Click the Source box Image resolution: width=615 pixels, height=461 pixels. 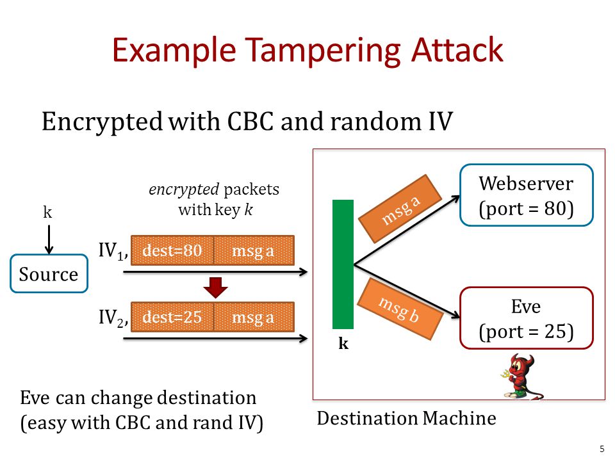pyautogui.click(x=49, y=273)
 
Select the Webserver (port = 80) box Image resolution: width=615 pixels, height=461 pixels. pyautogui.click(x=526, y=195)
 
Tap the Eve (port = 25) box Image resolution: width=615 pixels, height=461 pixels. pyautogui.click(x=526, y=318)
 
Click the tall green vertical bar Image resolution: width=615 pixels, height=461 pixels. pyautogui.click(x=343, y=264)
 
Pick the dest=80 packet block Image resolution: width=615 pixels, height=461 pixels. pyautogui.click(x=172, y=250)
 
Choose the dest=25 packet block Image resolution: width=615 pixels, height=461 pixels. pyautogui.click(x=172, y=317)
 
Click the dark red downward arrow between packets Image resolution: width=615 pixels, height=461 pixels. pyautogui.click(x=215, y=287)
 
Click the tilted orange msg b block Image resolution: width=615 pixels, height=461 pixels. pyautogui.click(x=400, y=309)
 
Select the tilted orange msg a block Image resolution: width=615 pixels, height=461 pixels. pyautogui.click(x=400, y=209)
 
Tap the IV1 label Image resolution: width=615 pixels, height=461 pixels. pyautogui.click(x=113, y=251)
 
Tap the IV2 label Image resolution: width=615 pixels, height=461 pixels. pyautogui.click(x=113, y=318)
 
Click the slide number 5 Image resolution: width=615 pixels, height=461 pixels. pyautogui.click(x=602, y=449)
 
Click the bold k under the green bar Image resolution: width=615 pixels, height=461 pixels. pyautogui.click(x=343, y=343)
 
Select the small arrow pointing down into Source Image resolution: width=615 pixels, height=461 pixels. pyautogui.click(x=49, y=239)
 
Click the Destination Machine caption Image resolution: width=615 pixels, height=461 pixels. pyautogui.click(x=406, y=418)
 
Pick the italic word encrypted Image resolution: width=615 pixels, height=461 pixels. pyautogui.click(x=184, y=190)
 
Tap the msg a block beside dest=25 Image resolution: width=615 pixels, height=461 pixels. pyautogui.click(x=254, y=317)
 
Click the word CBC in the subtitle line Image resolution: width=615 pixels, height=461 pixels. pyautogui.click(x=250, y=121)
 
